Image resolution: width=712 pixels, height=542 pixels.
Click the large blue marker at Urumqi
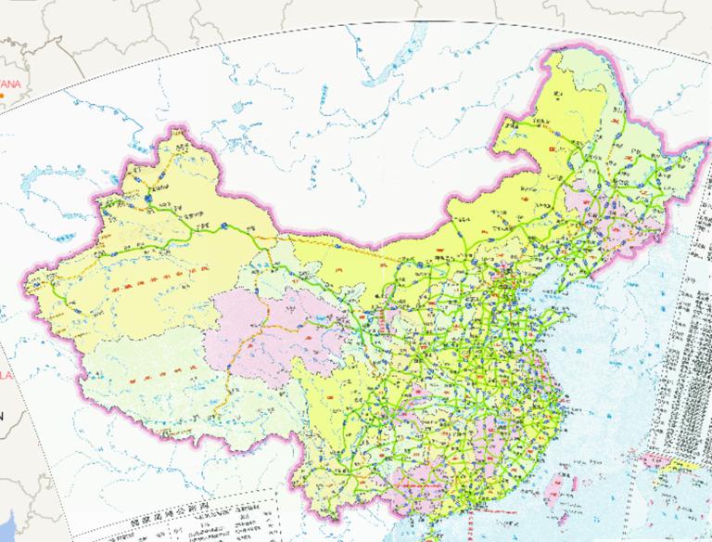(x=151, y=197)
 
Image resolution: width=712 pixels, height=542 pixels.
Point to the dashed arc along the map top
(x=371, y=25)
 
